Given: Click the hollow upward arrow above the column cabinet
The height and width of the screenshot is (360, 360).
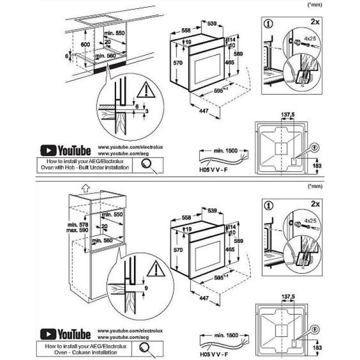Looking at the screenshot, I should pos(84,187).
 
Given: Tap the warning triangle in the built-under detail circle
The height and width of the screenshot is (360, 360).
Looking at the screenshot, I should pos(145,90).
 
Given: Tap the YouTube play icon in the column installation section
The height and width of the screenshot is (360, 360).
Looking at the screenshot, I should pos(48,333).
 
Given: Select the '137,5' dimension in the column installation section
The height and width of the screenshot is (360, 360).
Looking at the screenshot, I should pos(287,298).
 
